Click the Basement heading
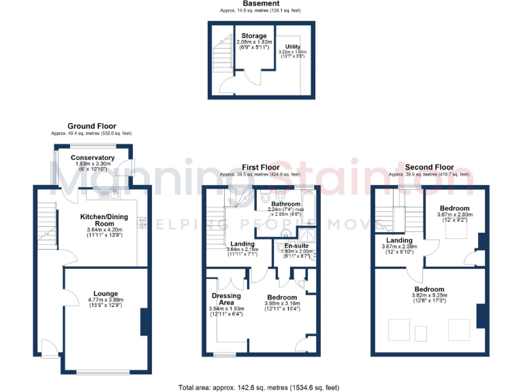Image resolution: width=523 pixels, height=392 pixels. (x=261, y=4)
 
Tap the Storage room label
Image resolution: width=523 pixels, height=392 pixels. (x=253, y=36)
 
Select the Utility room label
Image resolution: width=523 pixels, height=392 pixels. (x=292, y=47)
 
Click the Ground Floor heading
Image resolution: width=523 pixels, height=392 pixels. (x=92, y=126)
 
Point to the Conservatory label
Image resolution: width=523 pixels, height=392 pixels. (x=93, y=158)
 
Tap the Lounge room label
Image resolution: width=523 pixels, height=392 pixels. (x=106, y=294)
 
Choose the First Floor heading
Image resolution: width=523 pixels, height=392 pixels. (x=261, y=167)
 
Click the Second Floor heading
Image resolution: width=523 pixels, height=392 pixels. (x=429, y=167)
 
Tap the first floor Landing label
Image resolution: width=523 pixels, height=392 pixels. (x=242, y=244)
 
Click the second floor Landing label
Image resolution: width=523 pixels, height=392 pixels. (x=399, y=240)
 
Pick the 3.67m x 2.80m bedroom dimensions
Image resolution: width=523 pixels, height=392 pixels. (x=454, y=215)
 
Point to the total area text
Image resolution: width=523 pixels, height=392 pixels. (x=259, y=387)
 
